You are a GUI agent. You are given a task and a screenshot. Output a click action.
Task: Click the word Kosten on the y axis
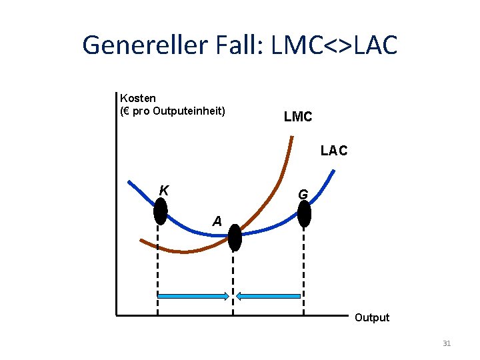(x=138, y=98)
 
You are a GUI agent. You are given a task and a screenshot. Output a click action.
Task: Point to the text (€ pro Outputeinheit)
(x=173, y=111)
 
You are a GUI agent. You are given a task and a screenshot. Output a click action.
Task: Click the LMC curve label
(x=297, y=117)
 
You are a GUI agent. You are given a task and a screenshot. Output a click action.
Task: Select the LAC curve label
(x=333, y=151)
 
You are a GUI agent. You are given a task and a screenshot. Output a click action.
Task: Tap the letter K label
(x=164, y=190)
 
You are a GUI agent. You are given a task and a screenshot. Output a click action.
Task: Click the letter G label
(x=303, y=195)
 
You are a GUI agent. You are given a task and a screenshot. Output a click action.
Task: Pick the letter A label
(x=217, y=221)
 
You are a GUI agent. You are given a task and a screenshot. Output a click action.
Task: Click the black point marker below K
(x=160, y=211)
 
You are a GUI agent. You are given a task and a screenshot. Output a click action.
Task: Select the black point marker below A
(x=235, y=237)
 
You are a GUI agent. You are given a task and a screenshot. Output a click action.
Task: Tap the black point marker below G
(x=304, y=213)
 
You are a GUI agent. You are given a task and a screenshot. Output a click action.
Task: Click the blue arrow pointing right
(x=194, y=296)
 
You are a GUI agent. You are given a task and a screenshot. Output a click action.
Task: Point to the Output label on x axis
(x=371, y=317)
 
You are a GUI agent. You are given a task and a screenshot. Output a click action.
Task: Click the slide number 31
(x=447, y=343)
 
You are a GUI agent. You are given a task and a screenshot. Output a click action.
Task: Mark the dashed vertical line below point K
(x=158, y=267)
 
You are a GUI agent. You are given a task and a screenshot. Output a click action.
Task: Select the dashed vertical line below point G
(x=304, y=267)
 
